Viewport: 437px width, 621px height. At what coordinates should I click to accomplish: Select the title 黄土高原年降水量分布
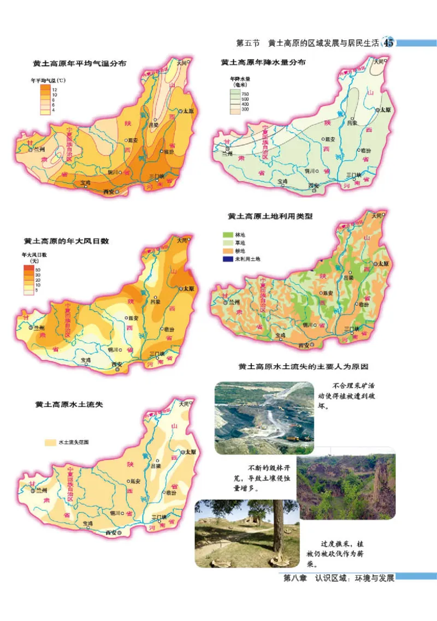coord(263,63)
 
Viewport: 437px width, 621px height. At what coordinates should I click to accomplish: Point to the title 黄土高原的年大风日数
coord(67,240)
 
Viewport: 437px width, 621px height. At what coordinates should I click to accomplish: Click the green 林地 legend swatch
coord(227,234)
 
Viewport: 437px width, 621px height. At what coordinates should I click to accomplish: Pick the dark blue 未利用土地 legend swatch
coord(227,259)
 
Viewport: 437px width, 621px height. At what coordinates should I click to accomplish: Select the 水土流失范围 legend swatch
coord(50,442)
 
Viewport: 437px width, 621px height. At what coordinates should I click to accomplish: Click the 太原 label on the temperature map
coord(188,110)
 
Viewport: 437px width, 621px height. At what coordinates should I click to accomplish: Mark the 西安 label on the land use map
coord(304,345)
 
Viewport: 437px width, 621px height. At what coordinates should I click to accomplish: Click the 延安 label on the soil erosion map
coord(134,481)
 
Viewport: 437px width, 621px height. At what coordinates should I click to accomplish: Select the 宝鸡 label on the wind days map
coord(86,359)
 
